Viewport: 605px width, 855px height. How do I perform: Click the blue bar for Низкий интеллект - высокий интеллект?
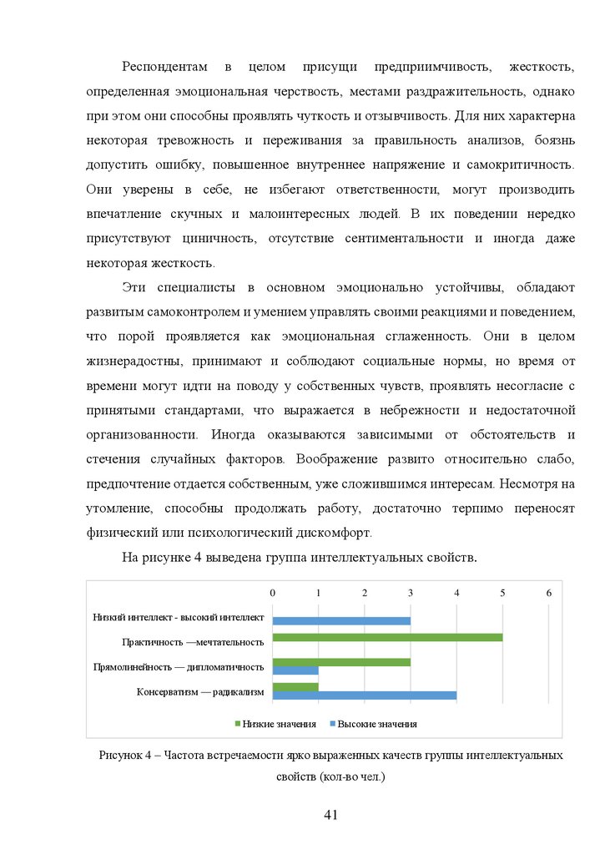click(x=341, y=620)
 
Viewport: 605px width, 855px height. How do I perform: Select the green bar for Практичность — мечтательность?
click(x=387, y=638)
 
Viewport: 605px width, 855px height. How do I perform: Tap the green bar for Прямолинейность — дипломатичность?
click(x=341, y=662)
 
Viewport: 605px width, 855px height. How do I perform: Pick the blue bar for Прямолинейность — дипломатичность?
click(x=295, y=670)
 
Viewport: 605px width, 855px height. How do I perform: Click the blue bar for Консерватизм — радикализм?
click(x=365, y=695)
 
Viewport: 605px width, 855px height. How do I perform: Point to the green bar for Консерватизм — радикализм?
click(x=295, y=686)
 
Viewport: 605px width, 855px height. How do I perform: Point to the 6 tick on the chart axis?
click(x=548, y=593)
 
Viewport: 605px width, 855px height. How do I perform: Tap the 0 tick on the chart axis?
click(x=273, y=593)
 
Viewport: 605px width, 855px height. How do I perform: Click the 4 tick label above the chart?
click(x=456, y=593)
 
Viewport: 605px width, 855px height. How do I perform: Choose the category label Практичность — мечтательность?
click(x=192, y=642)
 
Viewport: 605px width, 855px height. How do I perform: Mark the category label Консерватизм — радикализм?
click(x=200, y=691)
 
